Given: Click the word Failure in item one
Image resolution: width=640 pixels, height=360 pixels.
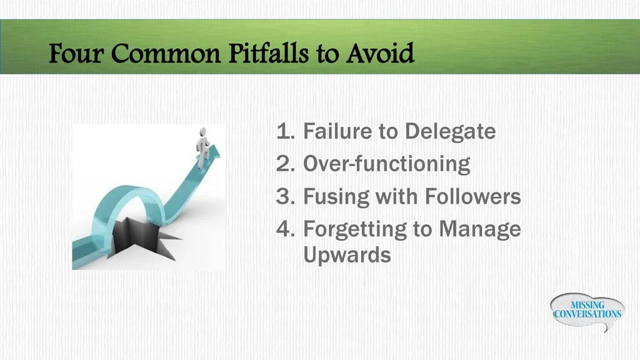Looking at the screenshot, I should pos(334,132).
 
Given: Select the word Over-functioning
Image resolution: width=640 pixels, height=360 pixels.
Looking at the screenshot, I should pos(386,164).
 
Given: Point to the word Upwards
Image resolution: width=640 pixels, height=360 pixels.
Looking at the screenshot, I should pos(347,255).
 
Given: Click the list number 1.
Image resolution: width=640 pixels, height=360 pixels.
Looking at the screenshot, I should pos(285,132).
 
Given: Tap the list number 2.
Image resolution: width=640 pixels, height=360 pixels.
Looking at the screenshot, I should pos(285,164).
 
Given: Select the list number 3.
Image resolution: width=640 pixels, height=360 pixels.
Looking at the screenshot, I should pos(285,197).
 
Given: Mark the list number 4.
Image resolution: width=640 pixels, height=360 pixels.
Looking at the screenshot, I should pos(285,229).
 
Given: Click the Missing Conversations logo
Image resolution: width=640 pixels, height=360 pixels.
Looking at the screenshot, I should pos(587,310).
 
